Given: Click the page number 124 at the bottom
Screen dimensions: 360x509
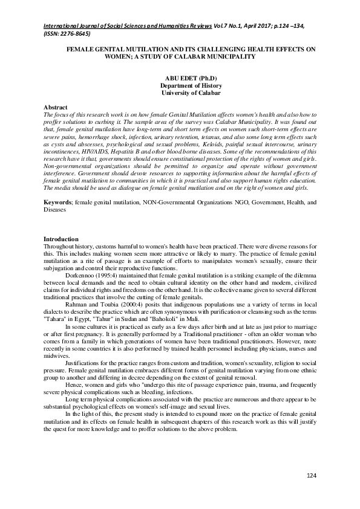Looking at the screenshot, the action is tap(311, 476).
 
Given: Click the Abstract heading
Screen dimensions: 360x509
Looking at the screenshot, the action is tap(57, 107).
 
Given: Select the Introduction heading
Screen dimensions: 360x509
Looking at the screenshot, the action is tap(61, 239).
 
